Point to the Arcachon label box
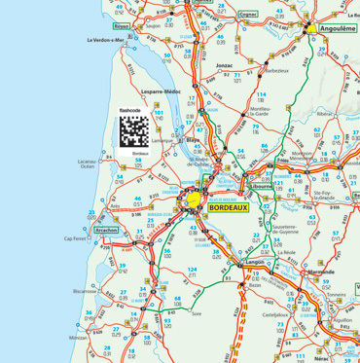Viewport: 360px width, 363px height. [x=107, y=230]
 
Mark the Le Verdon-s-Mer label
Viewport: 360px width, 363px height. [x=106, y=40]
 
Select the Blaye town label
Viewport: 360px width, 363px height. [x=193, y=139]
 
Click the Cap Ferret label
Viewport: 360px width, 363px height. [x=76, y=238]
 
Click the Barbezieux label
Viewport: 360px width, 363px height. [x=278, y=71]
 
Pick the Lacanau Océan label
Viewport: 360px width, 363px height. [x=88, y=163]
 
